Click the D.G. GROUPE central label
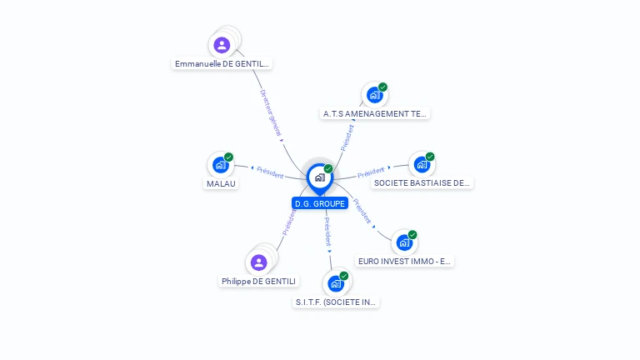tap(320, 203)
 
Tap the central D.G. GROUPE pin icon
tap(319, 177)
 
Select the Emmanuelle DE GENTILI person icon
tap(222, 45)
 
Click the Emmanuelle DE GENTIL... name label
tap(222, 63)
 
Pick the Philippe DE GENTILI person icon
tap(258, 262)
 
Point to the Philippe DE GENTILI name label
tap(259, 282)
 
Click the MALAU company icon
tap(220, 165)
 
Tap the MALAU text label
tap(221, 183)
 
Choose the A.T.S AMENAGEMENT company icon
tap(374, 95)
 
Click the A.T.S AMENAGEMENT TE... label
tap(375, 113)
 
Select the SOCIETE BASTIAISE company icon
tap(421, 164)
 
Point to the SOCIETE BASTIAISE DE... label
tap(422, 182)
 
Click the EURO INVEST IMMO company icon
tap(403, 242)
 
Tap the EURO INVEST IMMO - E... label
tap(404, 261)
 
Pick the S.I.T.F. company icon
tap(336, 283)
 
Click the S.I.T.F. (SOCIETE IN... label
tap(337, 302)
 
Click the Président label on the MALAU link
tap(270, 172)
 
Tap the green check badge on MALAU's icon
tap(228, 157)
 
